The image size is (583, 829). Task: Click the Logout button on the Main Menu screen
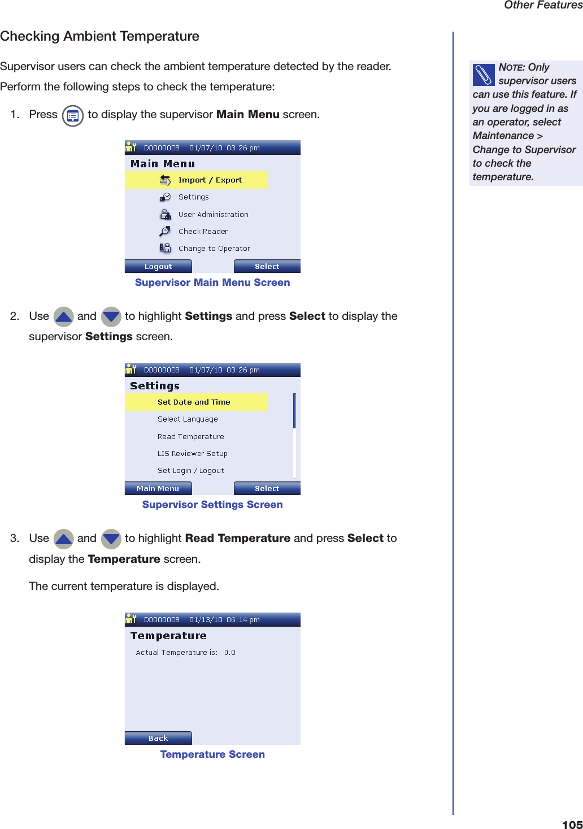[158, 266]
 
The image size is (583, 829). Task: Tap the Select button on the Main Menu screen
[267, 266]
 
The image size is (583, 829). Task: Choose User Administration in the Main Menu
[213, 214]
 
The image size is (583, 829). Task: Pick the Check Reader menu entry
[203, 231]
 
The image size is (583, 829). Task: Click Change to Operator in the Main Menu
[214, 248]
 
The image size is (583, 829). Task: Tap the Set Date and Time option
[194, 402]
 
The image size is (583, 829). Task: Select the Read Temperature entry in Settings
[191, 436]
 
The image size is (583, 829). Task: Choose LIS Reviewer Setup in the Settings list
[193, 453]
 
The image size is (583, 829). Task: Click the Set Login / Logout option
[191, 470]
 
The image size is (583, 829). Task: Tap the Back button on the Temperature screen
[158, 738]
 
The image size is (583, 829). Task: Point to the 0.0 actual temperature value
[230, 652]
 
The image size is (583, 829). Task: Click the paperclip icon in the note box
[484, 75]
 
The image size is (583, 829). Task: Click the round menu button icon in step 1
[72, 116]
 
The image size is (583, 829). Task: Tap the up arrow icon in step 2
[63, 316]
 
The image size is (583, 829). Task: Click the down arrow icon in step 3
[111, 539]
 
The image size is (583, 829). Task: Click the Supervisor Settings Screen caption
[212, 505]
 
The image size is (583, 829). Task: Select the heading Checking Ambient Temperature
[100, 36]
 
